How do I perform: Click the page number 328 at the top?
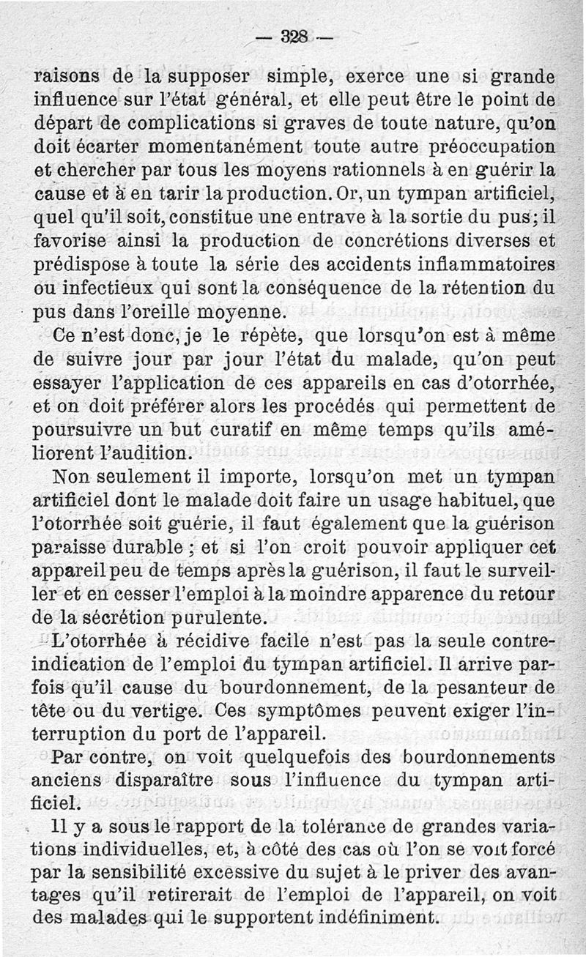(x=293, y=37)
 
